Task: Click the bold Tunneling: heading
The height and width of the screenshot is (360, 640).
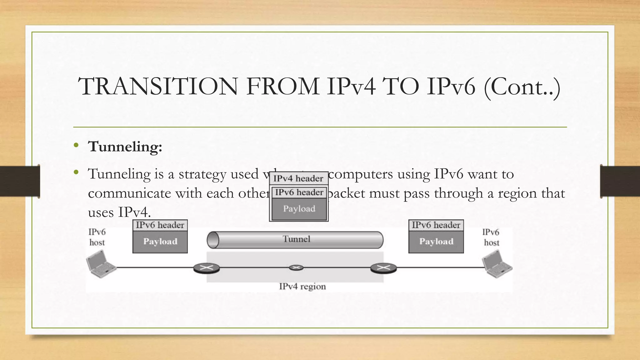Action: (x=125, y=147)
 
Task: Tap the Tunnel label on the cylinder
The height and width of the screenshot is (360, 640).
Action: (x=296, y=239)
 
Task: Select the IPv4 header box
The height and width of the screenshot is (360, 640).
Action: (x=298, y=178)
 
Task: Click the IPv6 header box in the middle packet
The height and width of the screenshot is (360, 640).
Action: (x=299, y=192)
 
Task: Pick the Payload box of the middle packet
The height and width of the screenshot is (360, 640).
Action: (x=299, y=209)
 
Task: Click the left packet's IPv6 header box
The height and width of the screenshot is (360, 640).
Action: (x=160, y=225)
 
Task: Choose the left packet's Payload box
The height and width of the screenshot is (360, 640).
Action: (x=160, y=242)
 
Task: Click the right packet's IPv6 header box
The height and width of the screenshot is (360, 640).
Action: (x=436, y=225)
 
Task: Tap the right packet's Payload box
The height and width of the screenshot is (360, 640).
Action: (x=436, y=242)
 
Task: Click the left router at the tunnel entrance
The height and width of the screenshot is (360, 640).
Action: (x=206, y=268)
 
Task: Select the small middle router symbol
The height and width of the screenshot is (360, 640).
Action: (x=296, y=267)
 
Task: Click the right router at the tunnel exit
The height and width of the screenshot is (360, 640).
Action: (x=383, y=268)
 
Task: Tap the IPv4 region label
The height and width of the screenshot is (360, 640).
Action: (x=302, y=287)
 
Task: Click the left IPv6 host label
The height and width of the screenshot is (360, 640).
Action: (x=97, y=237)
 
